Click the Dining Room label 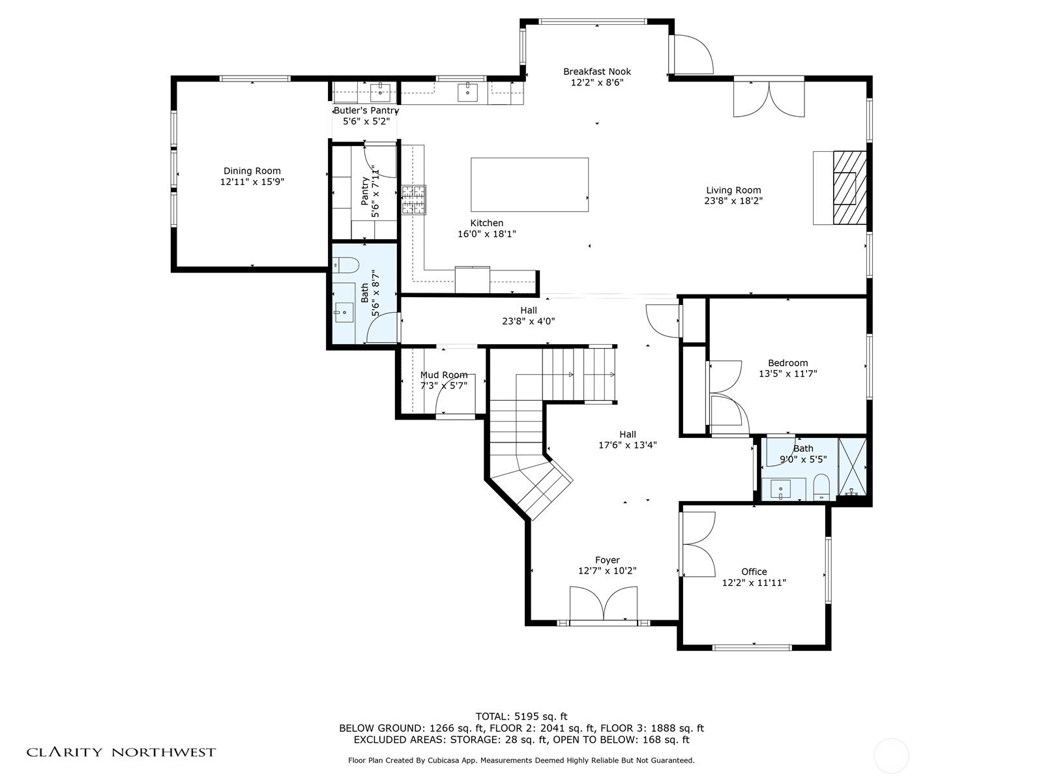pyautogui.click(x=252, y=171)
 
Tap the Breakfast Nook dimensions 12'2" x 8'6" pyautogui.click(x=597, y=83)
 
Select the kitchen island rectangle pyautogui.click(x=529, y=184)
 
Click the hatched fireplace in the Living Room pyautogui.click(x=849, y=188)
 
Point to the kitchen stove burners pyautogui.click(x=414, y=200)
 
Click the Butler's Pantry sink pyautogui.click(x=380, y=92)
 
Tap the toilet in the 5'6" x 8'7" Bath pyautogui.click(x=345, y=265)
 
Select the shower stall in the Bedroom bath pyautogui.click(x=853, y=467)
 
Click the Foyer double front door pyautogui.click(x=604, y=603)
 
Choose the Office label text pyautogui.click(x=754, y=572)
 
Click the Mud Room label pyautogui.click(x=444, y=375)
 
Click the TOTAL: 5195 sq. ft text pyautogui.click(x=521, y=716)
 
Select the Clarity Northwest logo pyautogui.click(x=121, y=752)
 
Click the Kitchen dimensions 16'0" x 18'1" pyautogui.click(x=486, y=233)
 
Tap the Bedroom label pyautogui.click(x=788, y=363)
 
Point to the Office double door pyautogui.click(x=699, y=544)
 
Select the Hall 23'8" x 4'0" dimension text pyautogui.click(x=529, y=321)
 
